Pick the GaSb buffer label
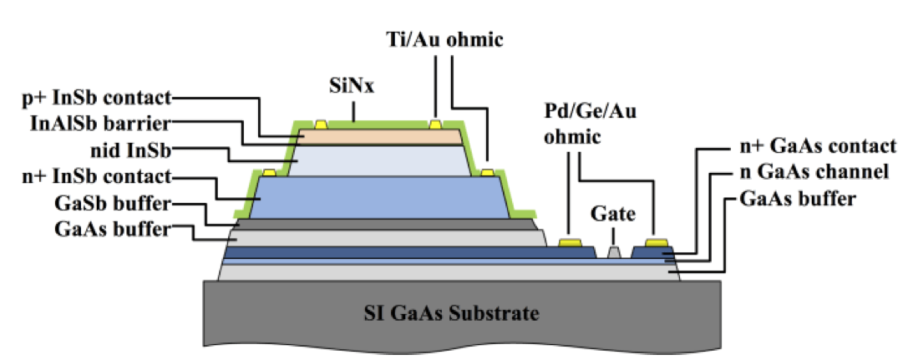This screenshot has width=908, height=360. (105, 203)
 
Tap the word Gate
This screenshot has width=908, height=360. (613, 215)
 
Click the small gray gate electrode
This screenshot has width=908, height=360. (614, 251)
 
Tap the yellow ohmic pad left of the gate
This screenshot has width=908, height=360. (570, 243)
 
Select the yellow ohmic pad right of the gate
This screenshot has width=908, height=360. (656, 243)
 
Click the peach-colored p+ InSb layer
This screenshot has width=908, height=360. (380, 136)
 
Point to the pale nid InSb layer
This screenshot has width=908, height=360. (380, 160)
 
